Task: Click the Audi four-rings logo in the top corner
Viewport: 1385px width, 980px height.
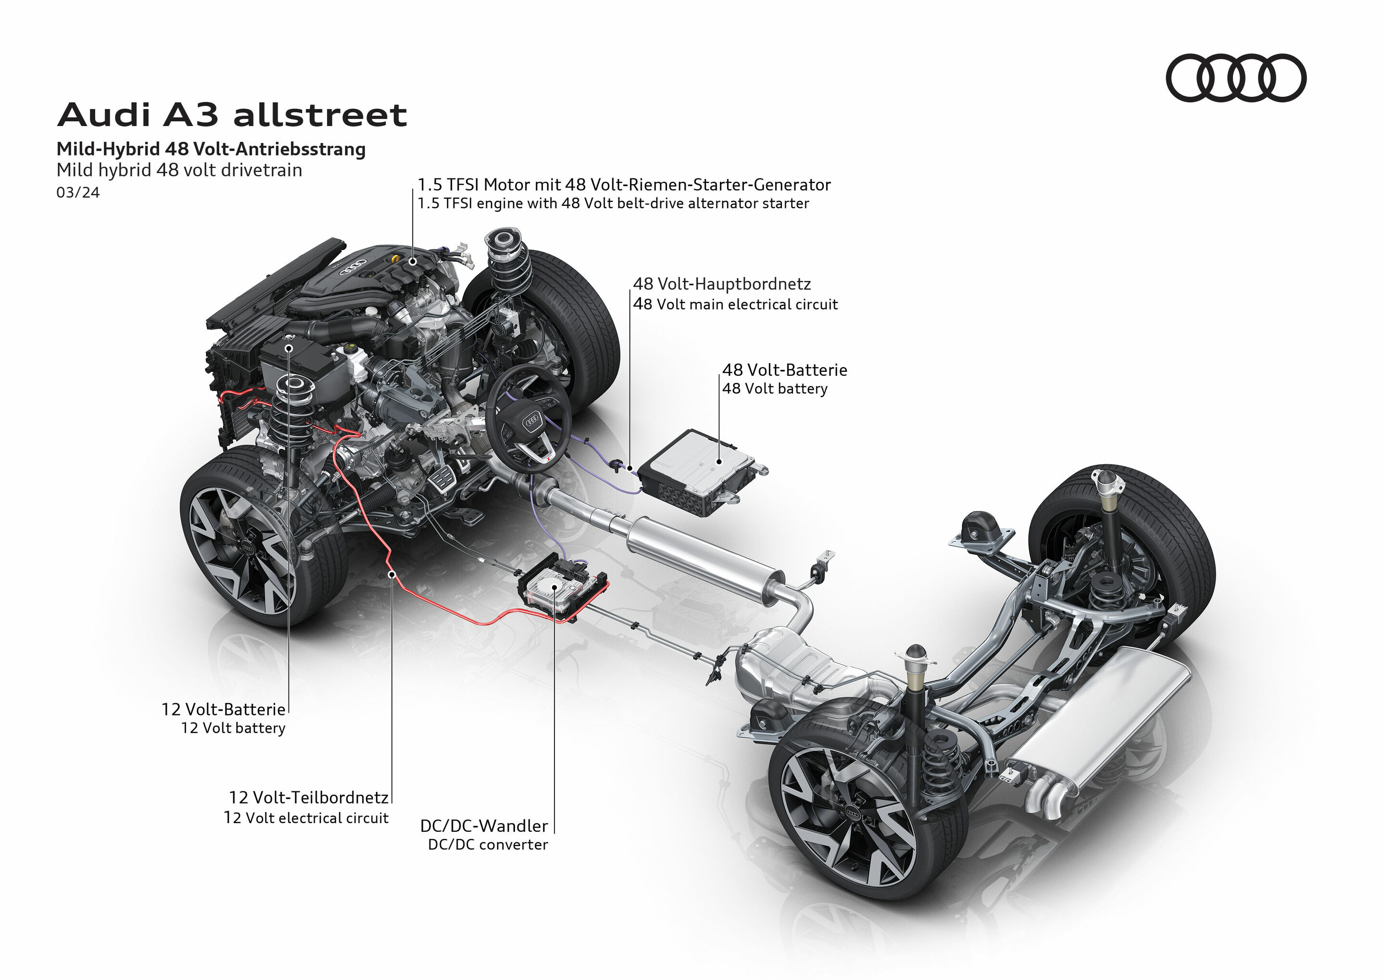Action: pos(1235,78)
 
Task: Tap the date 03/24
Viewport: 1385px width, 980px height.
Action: pos(78,192)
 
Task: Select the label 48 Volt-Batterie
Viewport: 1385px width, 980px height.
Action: pos(784,369)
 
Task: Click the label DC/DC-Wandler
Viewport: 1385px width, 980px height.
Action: pos(484,826)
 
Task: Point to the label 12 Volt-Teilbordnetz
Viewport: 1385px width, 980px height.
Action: pos(308,797)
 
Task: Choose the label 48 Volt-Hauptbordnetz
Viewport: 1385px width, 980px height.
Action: pos(721,284)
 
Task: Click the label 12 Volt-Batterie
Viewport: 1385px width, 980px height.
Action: pos(223,709)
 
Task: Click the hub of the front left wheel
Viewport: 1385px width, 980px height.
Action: pos(247,546)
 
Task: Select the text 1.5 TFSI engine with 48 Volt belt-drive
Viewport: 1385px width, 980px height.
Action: pos(612,204)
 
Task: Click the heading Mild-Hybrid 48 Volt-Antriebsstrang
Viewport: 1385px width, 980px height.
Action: pos(211,149)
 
